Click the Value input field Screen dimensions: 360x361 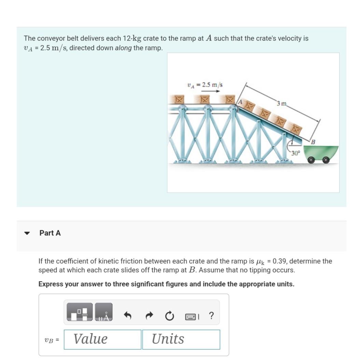[102, 339]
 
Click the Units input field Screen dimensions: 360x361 [181, 339]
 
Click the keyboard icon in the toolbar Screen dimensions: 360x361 [190, 317]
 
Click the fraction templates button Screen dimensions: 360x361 [80, 312]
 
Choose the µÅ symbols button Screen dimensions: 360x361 [103, 312]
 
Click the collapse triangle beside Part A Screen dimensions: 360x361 [27, 233]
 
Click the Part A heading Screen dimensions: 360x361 [50, 233]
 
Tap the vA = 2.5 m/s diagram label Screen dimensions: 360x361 [205, 85]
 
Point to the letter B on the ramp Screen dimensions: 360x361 [312, 141]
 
